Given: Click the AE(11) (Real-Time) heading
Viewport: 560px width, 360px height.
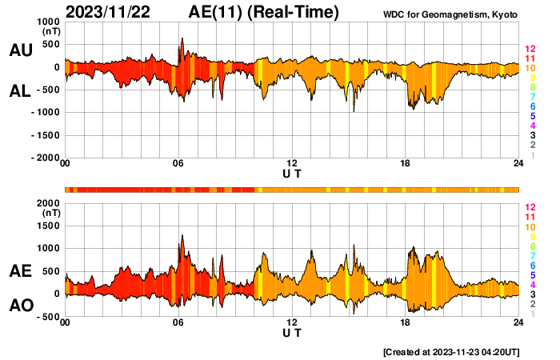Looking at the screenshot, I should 263,12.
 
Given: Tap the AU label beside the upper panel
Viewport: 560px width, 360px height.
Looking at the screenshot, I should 21,50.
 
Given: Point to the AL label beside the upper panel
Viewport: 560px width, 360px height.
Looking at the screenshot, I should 21,92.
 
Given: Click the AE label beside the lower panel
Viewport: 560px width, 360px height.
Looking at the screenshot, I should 21,272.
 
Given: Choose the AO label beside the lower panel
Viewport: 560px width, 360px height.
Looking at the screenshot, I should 21,306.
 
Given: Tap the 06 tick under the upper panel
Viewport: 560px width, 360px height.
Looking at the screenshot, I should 178,164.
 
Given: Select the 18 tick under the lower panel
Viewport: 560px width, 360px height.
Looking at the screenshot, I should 406,322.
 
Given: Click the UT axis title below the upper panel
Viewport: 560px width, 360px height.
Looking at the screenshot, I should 292,173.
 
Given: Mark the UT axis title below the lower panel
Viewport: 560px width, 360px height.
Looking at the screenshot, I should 292,332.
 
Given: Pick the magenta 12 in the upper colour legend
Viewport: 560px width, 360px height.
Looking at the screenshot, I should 529,50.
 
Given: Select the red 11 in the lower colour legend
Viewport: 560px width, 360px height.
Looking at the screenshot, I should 529,218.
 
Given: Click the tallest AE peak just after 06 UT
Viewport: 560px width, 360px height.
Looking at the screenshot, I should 182,235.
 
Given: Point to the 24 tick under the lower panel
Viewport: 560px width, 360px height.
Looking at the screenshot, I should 518,322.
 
